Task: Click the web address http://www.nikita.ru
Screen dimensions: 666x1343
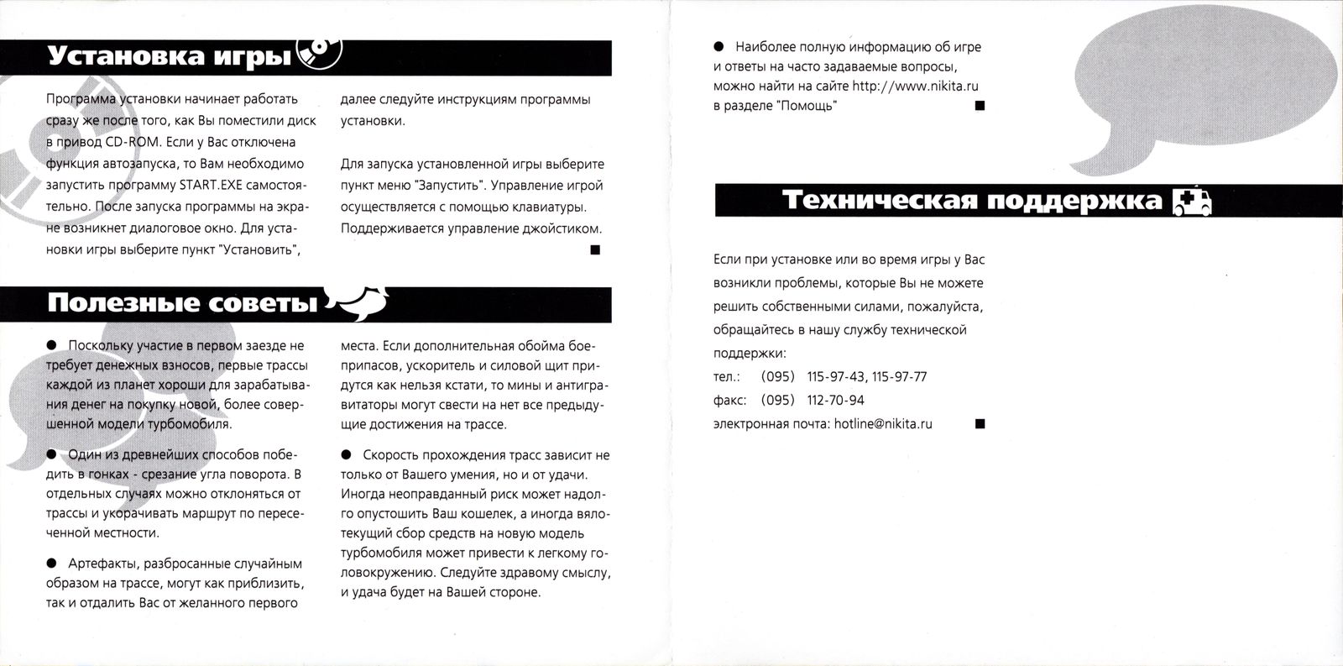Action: coord(916,86)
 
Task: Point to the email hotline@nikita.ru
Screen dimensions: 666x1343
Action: coord(883,424)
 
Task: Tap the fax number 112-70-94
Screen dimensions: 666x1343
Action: coord(835,401)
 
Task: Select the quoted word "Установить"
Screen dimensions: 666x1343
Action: coord(258,250)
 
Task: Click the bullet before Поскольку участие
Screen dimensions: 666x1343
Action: coord(52,344)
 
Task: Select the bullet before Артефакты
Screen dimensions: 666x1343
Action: coord(52,563)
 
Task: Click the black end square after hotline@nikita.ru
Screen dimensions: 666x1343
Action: coord(979,424)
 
